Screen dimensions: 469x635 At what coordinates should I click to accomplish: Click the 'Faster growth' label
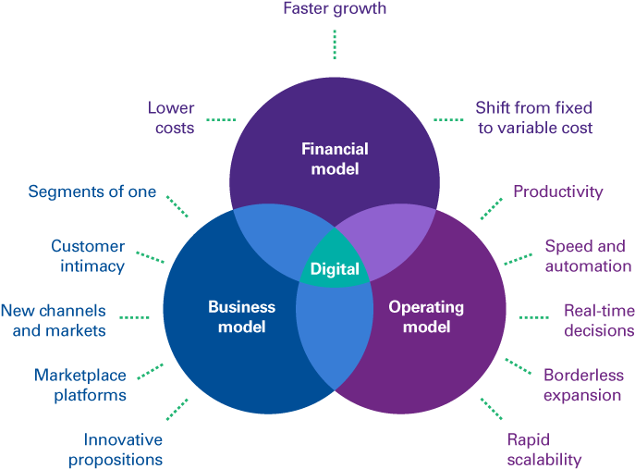coord(334,9)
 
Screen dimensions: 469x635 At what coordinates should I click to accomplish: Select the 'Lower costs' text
coord(171,117)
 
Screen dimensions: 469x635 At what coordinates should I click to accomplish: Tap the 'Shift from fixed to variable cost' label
coord(534,117)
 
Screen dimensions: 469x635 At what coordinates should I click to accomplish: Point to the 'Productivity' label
coord(557,191)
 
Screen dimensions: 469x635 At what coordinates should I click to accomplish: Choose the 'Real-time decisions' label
coord(598,319)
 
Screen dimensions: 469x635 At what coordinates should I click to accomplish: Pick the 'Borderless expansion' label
coord(583,385)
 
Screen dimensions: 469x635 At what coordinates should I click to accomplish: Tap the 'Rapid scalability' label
coord(544,449)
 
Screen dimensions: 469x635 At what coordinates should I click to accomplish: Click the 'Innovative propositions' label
coord(123,449)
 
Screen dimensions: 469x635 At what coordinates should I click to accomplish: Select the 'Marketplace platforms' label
coord(80,385)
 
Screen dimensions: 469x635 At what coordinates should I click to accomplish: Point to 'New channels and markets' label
coord(53,319)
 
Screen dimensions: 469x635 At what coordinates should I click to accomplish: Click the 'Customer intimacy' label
coord(88,255)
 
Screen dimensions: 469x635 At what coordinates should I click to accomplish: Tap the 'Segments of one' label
coord(92,191)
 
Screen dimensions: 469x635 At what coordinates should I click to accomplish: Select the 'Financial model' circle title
coord(335,158)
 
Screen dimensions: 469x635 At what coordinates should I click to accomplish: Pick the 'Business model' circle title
coord(241,316)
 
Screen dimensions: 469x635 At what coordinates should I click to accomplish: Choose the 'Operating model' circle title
coord(426,316)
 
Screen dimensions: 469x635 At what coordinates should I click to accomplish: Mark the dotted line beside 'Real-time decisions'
coord(533,317)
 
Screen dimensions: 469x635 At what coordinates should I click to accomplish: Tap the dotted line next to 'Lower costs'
coord(221,119)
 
